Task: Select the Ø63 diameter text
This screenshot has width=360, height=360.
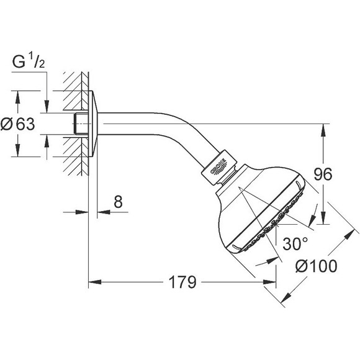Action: pyautogui.click(x=17, y=124)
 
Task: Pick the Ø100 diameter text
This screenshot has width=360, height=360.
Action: pyautogui.click(x=317, y=266)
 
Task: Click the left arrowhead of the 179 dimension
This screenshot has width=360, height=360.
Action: pyautogui.click(x=93, y=283)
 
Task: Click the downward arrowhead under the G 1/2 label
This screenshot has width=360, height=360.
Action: pyautogui.click(x=47, y=108)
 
